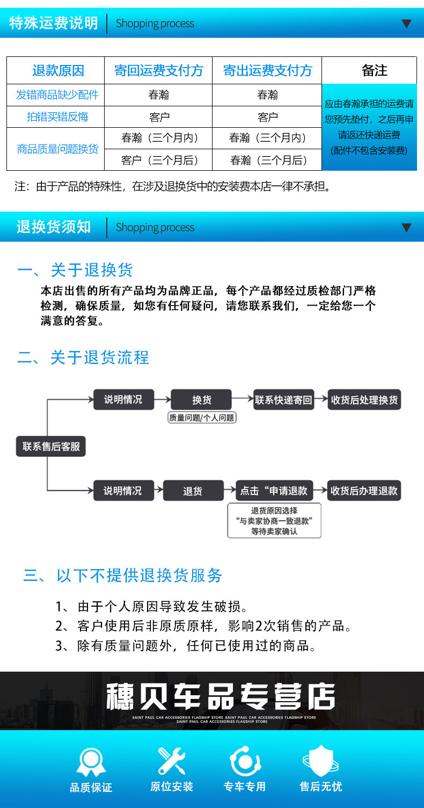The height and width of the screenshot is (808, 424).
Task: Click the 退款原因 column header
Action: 58,70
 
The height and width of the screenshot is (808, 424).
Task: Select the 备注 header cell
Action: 374,70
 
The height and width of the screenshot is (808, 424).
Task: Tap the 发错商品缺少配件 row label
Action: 57,95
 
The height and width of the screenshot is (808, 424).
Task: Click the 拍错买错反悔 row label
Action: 57,117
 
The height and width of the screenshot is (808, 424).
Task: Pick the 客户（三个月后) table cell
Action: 159,160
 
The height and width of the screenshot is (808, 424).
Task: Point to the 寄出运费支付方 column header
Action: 267,70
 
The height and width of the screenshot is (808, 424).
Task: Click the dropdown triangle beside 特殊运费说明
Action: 406,24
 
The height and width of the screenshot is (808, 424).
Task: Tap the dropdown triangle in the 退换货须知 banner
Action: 406,228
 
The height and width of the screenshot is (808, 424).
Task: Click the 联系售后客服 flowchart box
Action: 51,447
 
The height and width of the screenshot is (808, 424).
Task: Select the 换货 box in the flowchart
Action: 201,399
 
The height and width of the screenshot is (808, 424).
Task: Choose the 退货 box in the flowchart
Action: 193,491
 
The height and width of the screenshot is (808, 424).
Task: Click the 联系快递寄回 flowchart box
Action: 284,399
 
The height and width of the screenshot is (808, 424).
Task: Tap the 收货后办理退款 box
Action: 364,491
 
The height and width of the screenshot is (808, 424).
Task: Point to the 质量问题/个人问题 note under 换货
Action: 202,418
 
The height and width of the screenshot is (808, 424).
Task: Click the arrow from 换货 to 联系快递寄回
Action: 242,398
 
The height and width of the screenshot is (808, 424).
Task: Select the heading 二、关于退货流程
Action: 83,358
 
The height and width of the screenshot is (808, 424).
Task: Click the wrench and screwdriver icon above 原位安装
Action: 172,761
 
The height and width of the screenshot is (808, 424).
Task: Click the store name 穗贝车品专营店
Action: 221,696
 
